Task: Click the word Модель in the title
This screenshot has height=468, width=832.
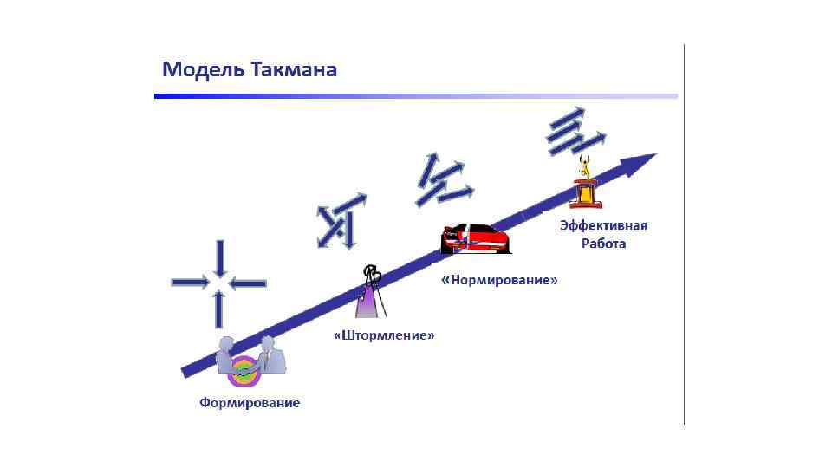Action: pyautogui.click(x=204, y=69)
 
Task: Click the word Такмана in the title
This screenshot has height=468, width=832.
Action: pyautogui.click(x=294, y=69)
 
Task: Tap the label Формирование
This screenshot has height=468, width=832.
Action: pyautogui.click(x=250, y=402)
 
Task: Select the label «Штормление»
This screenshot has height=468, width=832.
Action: pyautogui.click(x=384, y=335)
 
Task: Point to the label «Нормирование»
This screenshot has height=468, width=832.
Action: pyautogui.click(x=498, y=281)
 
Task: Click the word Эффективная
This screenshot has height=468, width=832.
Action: pyautogui.click(x=603, y=225)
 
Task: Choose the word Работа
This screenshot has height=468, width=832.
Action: pyautogui.click(x=603, y=244)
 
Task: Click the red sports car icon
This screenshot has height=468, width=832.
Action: pyautogui.click(x=475, y=237)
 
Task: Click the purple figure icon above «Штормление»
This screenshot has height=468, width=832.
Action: pyautogui.click(x=371, y=293)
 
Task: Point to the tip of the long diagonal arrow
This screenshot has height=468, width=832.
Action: pyautogui.click(x=652, y=156)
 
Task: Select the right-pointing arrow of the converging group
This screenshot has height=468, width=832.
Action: pyautogui.click(x=191, y=282)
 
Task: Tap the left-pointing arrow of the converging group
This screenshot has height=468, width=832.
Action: pyautogui.click(x=249, y=283)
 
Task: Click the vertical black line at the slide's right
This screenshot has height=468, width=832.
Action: pyautogui.click(x=685, y=234)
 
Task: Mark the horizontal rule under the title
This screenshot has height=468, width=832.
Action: pyautogui.click(x=416, y=96)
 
